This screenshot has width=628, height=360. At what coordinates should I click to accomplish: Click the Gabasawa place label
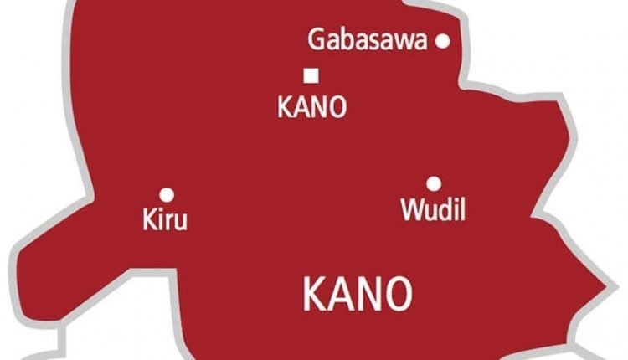click(x=368, y=40)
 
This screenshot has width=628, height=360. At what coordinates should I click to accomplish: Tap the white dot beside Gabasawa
click(x=444, y=40)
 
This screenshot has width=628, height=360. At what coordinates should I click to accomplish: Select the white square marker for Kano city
click(x=311, y=76)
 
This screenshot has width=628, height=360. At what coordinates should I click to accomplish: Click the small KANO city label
click(x=311, y=109)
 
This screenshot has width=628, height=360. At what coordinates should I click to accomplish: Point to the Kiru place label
click(x=166, y=221)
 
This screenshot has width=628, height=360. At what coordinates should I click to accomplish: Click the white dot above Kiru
click(x=167, y=194)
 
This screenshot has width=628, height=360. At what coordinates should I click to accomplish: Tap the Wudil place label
click(x=432, y=209)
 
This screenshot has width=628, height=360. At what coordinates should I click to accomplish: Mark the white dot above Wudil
click(x=433, y=183)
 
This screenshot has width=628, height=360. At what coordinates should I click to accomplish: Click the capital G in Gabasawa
click(x=317, y=39)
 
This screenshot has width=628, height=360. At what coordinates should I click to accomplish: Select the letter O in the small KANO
click(x=337, y=109)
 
